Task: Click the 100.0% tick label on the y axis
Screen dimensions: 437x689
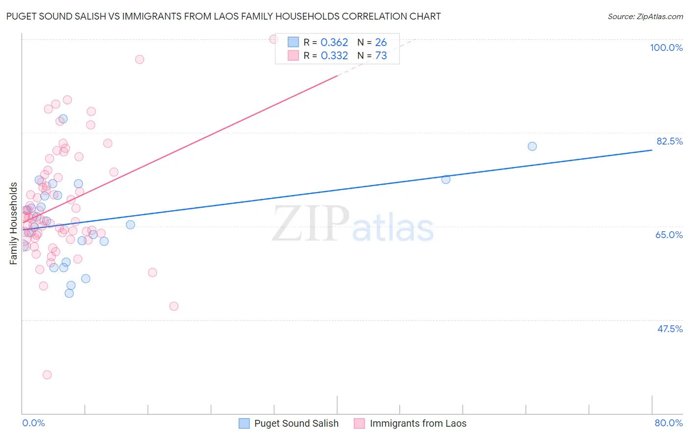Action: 666,48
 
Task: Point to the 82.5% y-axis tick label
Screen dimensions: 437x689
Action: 669,141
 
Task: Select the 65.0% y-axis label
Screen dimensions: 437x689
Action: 669,235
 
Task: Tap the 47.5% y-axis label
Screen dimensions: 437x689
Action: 669,329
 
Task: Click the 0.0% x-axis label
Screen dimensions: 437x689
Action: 33,423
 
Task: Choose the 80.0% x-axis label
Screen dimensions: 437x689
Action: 668,423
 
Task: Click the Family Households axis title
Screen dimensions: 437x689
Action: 14,223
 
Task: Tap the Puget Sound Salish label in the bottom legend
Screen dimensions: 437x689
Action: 296,423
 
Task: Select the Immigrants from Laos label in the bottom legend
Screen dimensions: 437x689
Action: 418,423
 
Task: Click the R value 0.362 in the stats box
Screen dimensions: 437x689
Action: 334,43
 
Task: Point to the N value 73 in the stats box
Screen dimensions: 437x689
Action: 381,56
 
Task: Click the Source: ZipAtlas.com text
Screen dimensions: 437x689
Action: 645,17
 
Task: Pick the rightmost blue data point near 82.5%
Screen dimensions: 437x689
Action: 532,146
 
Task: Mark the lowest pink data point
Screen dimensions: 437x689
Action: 47,375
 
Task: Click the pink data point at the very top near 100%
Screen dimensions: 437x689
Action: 274,39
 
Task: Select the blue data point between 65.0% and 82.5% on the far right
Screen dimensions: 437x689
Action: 446,179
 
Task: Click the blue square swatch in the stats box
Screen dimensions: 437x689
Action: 293,42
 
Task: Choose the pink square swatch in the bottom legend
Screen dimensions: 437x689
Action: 359,423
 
